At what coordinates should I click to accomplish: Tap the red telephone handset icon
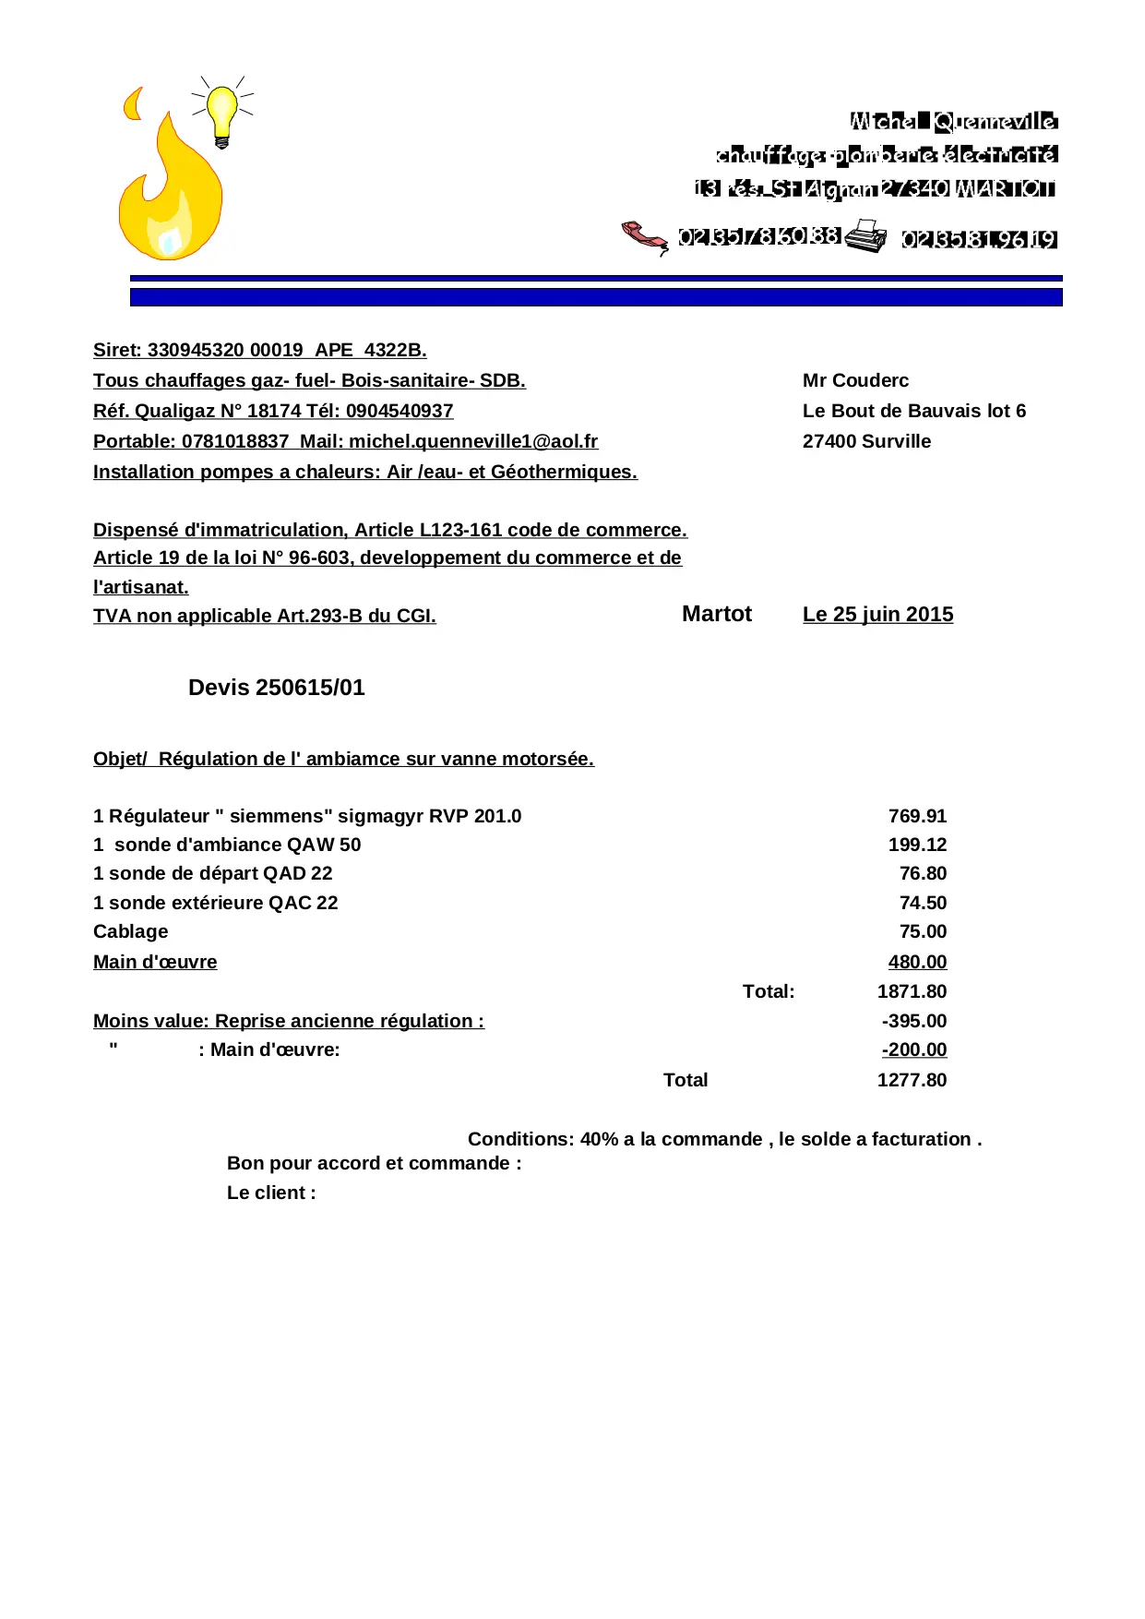[645, 236]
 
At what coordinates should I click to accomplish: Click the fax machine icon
[865, 235]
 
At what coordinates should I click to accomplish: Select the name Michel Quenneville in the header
[953, 121]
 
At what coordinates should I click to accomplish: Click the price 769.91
[917, 816]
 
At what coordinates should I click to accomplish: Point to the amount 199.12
[917, 845]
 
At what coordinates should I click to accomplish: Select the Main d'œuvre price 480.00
[917, 962]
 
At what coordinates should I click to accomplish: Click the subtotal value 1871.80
[912, 991]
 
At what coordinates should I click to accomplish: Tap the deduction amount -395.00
[913, 1021]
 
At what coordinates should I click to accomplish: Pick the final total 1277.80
[912, 1080]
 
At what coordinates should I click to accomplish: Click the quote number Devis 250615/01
[276, 688]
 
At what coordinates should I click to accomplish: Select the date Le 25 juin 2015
[877, 615]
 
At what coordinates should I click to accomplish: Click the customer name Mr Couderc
[855, 380]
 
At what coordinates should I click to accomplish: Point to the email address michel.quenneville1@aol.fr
[473, 441]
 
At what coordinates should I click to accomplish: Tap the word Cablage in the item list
[130, 931]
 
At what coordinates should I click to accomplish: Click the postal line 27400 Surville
[866, 441]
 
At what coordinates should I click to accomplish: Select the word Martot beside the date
[717, 615]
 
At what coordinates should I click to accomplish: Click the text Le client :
[271, 1193]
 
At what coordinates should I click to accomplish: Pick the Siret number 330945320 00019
[225, 350]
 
